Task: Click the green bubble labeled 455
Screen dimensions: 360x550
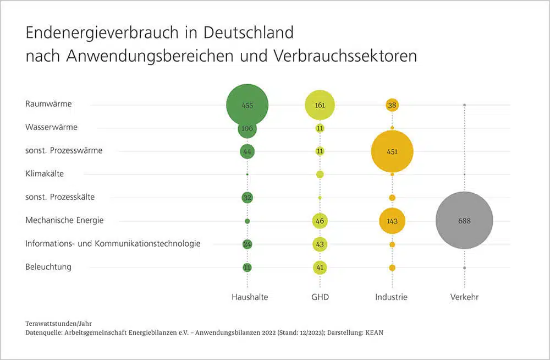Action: point(248,105)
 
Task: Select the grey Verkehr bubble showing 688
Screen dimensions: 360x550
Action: point(464,220)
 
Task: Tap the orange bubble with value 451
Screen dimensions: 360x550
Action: point(392,151)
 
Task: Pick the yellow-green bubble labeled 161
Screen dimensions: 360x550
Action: point(320,105)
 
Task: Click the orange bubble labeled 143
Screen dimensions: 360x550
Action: point(392,221)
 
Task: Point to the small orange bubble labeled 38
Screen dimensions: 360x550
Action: point(392,105)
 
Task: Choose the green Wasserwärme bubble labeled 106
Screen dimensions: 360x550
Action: point(248,128)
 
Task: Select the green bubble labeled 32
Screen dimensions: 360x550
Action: point(248,197)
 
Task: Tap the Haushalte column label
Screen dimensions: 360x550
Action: point(250,297)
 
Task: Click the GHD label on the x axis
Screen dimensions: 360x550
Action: point(320,297)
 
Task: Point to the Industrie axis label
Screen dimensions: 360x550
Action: point(392,297)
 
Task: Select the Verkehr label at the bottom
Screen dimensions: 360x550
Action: point(464,297)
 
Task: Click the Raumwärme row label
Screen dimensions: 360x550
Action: point(48,103)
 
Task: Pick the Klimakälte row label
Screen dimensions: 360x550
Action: point(45,173)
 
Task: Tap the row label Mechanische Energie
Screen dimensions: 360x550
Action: point(64,220)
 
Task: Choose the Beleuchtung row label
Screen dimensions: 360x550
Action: point(48,267)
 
